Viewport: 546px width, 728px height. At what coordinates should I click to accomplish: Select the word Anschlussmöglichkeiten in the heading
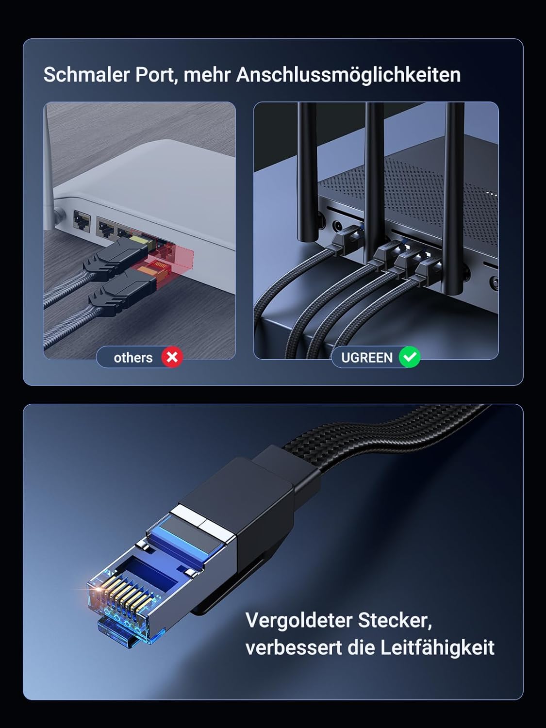348,75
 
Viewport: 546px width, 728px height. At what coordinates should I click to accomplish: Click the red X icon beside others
172,357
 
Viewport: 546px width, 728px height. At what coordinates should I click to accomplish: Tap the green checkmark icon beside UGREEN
409,357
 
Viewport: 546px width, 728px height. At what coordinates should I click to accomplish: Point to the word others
133,358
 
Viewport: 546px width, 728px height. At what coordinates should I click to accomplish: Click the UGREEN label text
366,358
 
